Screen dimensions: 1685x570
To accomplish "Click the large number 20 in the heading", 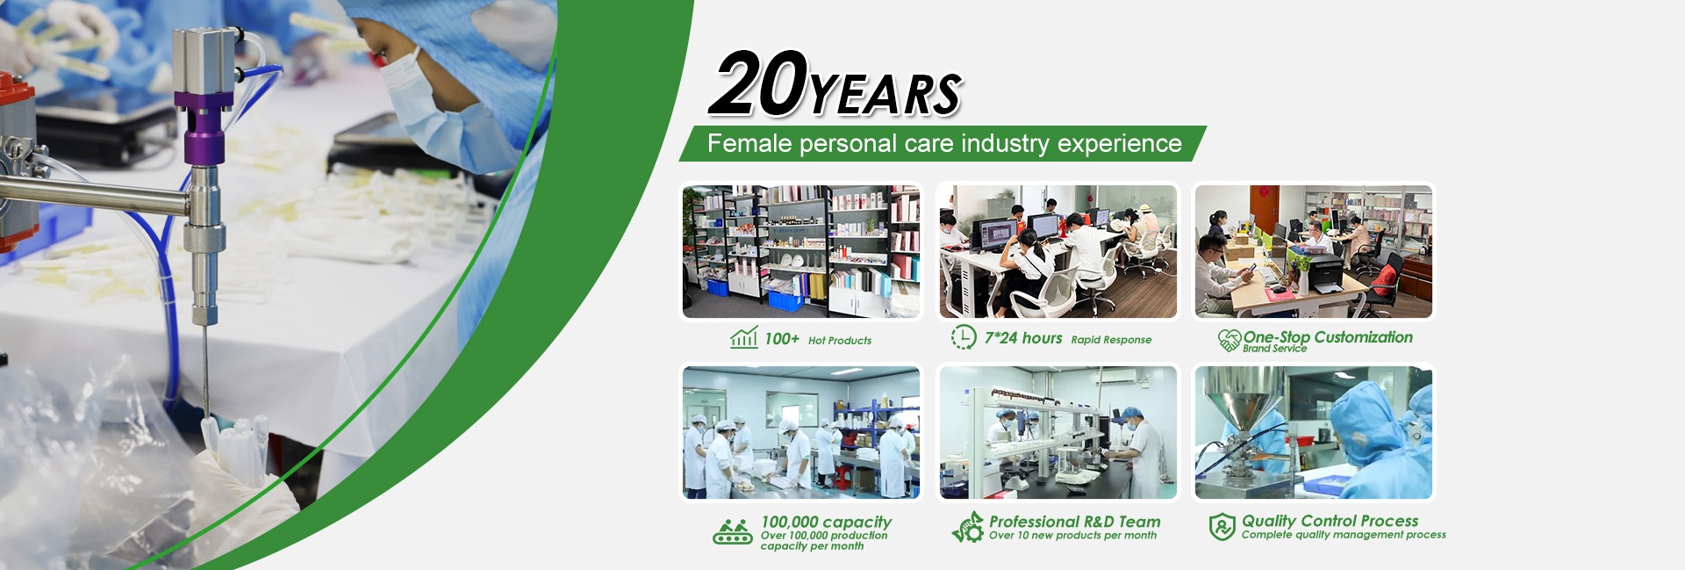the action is point(759,83).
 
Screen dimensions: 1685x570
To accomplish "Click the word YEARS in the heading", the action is point(886,94).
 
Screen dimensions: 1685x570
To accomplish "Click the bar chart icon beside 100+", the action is point(744,337).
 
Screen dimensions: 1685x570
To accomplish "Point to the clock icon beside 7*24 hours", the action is point(964,337).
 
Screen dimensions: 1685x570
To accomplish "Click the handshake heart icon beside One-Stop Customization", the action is point(1230,340).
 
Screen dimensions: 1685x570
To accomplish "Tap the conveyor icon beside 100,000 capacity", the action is point(733,531).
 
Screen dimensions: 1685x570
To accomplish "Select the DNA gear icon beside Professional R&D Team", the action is point(968,527).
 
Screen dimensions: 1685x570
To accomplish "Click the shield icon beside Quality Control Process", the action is point(1222,527).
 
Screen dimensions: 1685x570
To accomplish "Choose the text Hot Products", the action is point(840,341).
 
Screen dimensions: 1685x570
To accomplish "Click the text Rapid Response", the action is point(1111,340).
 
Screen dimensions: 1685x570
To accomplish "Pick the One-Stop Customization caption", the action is point(1328,337).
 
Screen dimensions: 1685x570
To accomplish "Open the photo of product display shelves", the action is point(801,251).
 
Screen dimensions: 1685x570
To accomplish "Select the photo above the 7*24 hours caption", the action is point(1058,251).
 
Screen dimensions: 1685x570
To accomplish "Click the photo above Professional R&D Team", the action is point(1058,433).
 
